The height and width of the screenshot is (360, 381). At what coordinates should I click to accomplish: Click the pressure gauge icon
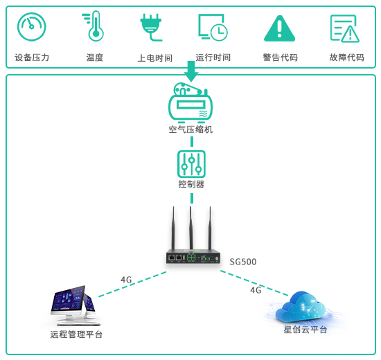pyautogui.click(x=32, y=27)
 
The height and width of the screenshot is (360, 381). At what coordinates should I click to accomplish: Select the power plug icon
pyautogui.click(x=151, y=27)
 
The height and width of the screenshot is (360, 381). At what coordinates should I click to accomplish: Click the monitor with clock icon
pyautogui.click(x=213, y=28)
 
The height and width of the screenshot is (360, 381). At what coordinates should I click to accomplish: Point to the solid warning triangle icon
pyautogui.click(x=279, y=28)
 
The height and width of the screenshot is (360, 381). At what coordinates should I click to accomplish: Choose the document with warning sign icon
pyautogui.click(x=344, y=28)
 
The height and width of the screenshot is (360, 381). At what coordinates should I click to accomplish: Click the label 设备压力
pyautogui.click(x=32, y=57)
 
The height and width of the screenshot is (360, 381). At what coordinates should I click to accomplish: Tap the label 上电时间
pyautogui.click(x=155, y=58)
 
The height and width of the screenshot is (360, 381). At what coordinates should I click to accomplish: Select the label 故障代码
pyautogui.click(x=347, y=57)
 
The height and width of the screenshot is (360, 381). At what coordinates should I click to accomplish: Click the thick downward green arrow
pyautogui.click(x=191, y=71)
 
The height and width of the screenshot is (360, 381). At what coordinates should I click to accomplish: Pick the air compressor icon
pyautogui.click(x=190, y=102)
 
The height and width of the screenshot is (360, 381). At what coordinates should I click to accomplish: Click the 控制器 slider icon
pyautogui.click(x=191, y=164)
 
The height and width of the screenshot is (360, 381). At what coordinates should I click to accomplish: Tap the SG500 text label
pyautogui.click(x=243, y=262)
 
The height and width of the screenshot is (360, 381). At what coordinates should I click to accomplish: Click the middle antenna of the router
pyautogui.click(x=191, y=228)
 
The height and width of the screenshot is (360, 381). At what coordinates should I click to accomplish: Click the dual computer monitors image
pyautogui.click(x=75, y=305)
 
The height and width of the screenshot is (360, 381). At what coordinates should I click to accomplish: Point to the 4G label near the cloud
pyautogui.click(x=256, y=290)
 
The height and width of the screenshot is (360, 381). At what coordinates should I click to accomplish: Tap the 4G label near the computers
pyautogui.click(x=126, y=280)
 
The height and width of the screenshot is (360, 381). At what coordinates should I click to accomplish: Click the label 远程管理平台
pyautogui.click(x=76, y=334)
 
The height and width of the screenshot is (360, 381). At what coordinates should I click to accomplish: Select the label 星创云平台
pyautogui.click(x=305, y=330)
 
